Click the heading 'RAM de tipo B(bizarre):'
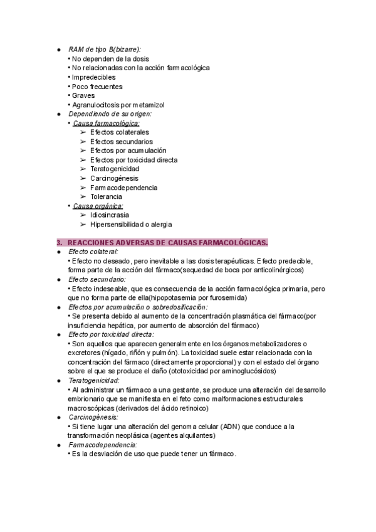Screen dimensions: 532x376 tap(104, 49)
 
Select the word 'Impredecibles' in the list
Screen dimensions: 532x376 tap(93, 77)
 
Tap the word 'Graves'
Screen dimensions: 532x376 tap(83, 95)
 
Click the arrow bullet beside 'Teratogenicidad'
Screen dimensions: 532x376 tap(83, 169)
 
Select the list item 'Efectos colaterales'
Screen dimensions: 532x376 tap(119, 132)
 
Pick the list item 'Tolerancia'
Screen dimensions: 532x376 tap(105, 197)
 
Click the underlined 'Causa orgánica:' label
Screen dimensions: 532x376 tap(98, 206)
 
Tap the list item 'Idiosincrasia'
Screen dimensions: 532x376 tap(109, 215)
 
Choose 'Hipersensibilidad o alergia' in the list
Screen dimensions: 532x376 tap(130, 224)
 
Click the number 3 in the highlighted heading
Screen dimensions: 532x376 tap(59, 242)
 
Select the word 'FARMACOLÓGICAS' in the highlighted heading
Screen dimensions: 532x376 tap(232, 242)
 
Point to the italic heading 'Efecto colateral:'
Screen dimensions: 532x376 tap(93, 252)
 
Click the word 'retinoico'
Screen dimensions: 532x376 tap(191, 408)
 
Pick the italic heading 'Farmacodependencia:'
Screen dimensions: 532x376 tap(102, 445)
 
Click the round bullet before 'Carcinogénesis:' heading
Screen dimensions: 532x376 tap(58, 417)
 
